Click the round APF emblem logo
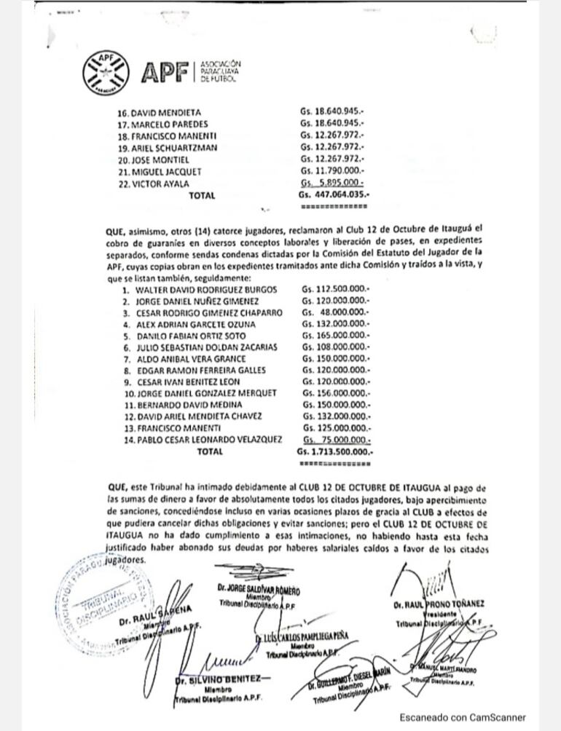click(x=107, y=71)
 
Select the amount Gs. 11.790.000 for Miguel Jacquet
click(x=331, y=172)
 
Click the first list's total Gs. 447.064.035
click(x=334, y=195)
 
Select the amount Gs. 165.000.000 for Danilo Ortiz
click(x=335, y=336)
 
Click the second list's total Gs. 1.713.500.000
click(x=334, y=451)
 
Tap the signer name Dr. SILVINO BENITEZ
click(x=219, y=680)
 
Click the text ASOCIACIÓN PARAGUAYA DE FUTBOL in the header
click(x=219, y=71)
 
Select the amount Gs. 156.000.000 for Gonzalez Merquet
click(x=335, y=393)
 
